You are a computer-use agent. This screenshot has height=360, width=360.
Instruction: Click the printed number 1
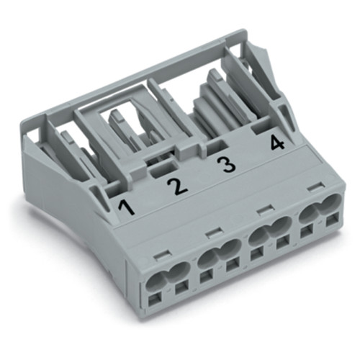(x=127, y=209)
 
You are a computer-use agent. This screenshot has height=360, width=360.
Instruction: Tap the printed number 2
(x=176, y=187)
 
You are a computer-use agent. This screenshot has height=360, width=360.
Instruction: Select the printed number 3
(x=227, y=166)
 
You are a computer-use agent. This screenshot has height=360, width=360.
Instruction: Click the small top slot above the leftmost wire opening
(x=162, y=253)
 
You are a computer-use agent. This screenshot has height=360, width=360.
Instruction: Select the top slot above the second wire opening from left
(x=212, y=233)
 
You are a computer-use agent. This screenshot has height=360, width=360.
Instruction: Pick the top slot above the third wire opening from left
(x=264, y=210)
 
